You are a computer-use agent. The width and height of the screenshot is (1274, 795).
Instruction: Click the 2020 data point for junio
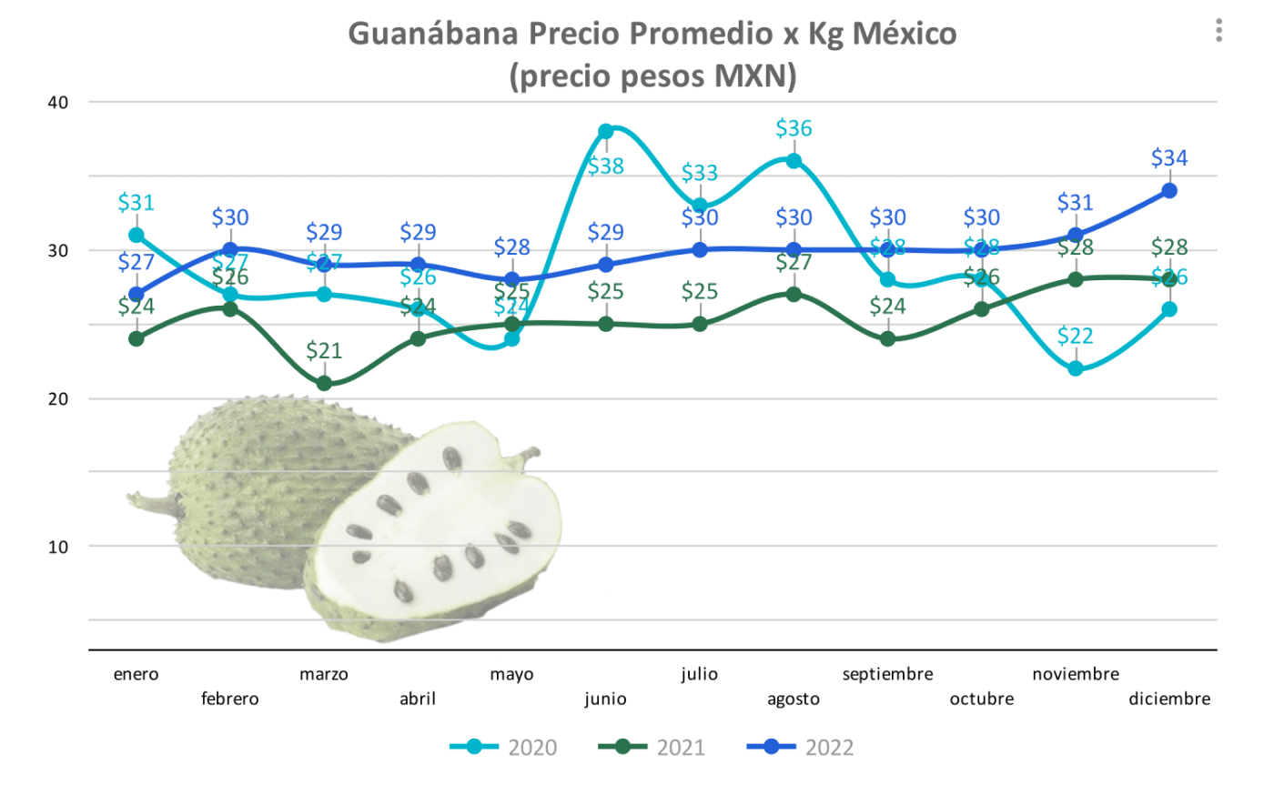pos(606,131)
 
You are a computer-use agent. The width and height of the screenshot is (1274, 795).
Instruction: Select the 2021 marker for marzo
pos(324,383)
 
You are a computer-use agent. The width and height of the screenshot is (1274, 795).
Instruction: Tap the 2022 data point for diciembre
pos(1169,191)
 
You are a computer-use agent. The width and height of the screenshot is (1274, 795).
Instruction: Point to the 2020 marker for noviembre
pos(1076,368)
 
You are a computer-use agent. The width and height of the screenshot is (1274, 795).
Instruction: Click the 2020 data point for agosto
pos(794,161)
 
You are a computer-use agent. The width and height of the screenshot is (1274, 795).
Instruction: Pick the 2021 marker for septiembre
pos(887,339)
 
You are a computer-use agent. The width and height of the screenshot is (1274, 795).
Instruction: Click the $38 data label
pos(606,166)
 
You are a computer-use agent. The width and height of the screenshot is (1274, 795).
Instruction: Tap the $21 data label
pos(324,350)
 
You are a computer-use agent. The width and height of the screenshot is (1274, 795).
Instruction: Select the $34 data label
pos(1169,158)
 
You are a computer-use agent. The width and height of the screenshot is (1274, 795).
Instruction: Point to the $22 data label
pos(1076,336)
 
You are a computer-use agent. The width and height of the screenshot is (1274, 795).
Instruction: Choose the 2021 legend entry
pos(652,748)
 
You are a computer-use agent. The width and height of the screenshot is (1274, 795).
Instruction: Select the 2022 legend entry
pos(801,748)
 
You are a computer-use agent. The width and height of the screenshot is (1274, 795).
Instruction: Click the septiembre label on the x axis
pos(887,674)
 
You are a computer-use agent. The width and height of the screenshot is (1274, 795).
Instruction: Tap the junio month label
pos(606,699)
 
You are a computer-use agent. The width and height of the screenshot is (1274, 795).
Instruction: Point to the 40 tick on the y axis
pos(58,103)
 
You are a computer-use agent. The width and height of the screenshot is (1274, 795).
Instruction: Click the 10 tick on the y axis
pos(58,547)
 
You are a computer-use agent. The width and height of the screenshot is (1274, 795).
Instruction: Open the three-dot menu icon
pos(1218,31)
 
